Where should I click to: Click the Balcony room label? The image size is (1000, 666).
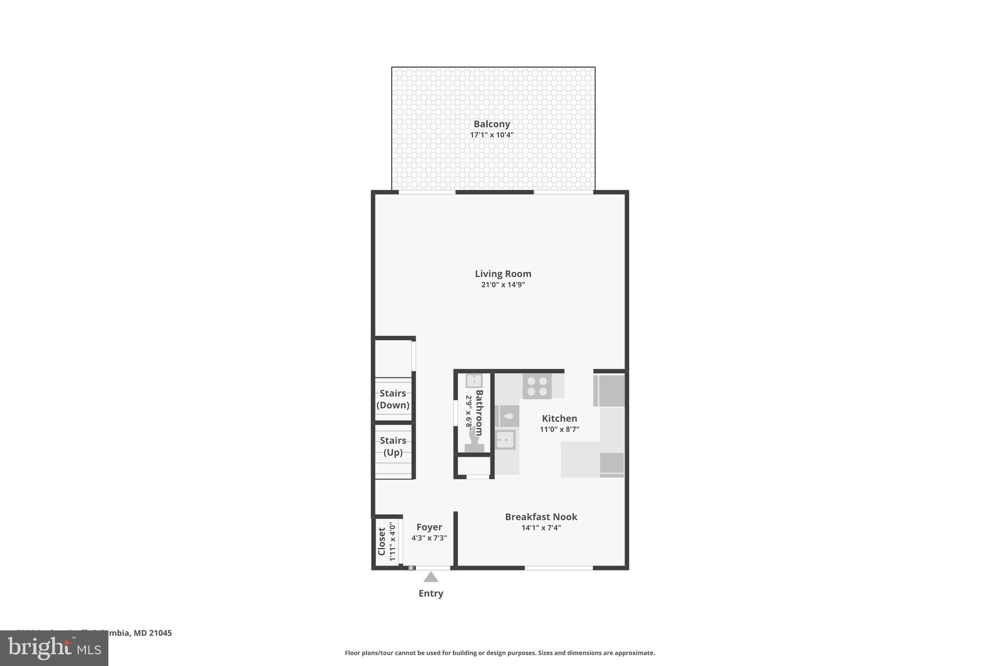pos(492,124)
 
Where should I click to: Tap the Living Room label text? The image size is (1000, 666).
pos(503,274)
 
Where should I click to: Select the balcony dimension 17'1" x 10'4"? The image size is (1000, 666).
pos(492,135)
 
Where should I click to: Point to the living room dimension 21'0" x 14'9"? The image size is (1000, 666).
pos(503,285)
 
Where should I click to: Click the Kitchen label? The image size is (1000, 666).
pos(560,418)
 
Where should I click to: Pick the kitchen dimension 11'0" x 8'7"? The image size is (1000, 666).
pos(560,429)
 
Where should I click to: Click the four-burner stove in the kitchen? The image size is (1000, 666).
pos(537,386)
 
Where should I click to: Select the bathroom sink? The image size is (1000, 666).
pos(474,381)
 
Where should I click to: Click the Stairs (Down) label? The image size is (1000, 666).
pos(393,399)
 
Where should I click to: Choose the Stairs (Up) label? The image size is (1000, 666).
pos(393,446)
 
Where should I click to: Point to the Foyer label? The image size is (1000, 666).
pos(429,527)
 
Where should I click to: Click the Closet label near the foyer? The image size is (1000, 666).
pos(382,541)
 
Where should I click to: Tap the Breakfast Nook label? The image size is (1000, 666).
pos(541,517)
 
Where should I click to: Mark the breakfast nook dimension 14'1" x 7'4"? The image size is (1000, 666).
pos(541,528)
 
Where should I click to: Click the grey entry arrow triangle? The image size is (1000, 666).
pos(431,578)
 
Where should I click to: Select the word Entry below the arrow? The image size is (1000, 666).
pos(431,594)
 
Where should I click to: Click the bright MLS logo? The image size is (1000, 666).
pos(54,648)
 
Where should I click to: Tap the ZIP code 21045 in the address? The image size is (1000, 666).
pos(160,633)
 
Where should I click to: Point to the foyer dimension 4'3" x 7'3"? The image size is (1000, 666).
pos(429,538)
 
